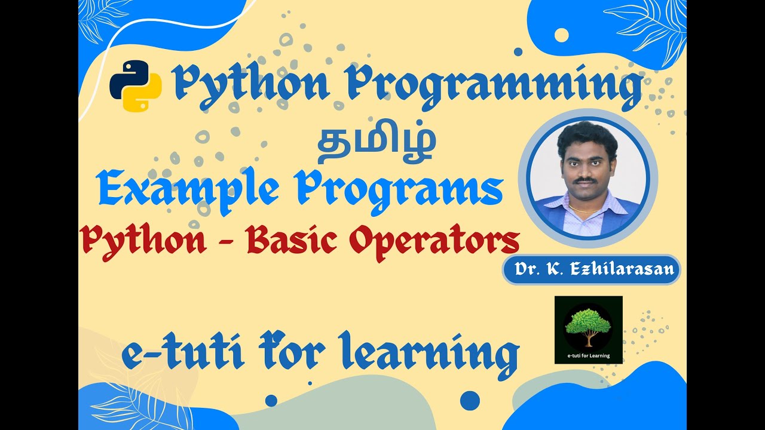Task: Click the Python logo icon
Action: (x=136, y=85)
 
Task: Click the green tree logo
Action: (x=588, y=325)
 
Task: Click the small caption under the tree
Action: (x=589, y=356)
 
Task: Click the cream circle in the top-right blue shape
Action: (x=561, y=35)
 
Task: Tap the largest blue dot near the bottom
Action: (x=470, y=400)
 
